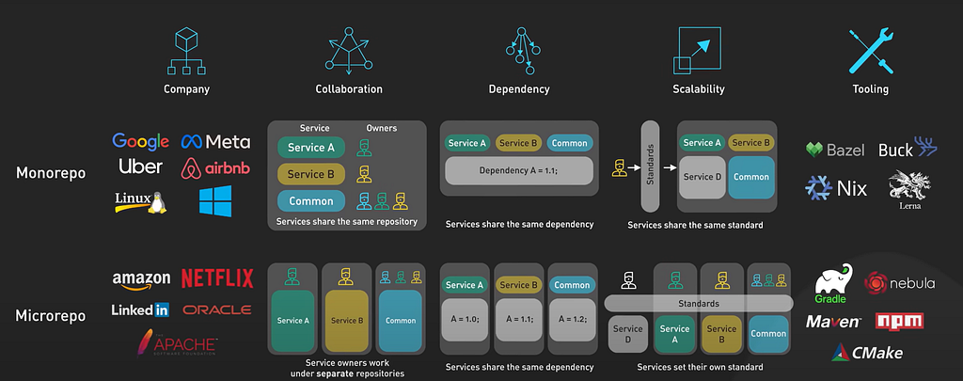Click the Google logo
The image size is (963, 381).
(141, 141)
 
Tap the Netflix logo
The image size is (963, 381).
(217, 278)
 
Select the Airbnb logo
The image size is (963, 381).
(215, 168)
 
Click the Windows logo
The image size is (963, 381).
(215, 201)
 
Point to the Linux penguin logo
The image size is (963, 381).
(141, 201)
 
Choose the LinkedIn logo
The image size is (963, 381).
(140, 310)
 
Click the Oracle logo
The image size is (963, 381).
(217, 310)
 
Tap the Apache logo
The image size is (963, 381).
(177, 342)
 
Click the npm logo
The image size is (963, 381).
(899, 321)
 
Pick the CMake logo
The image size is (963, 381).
(867, 352)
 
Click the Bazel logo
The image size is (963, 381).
(835, 150)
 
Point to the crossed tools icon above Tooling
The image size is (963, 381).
(871, 51)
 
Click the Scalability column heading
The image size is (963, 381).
(699, 89)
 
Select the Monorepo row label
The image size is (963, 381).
(51, 173)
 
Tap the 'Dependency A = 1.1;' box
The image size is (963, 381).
(519, 171)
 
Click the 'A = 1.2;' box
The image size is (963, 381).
(573, 320)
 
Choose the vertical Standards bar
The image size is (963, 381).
(650, 166)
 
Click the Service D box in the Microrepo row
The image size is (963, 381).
(627, 334)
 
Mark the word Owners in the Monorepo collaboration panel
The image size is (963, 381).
(382, 129)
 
